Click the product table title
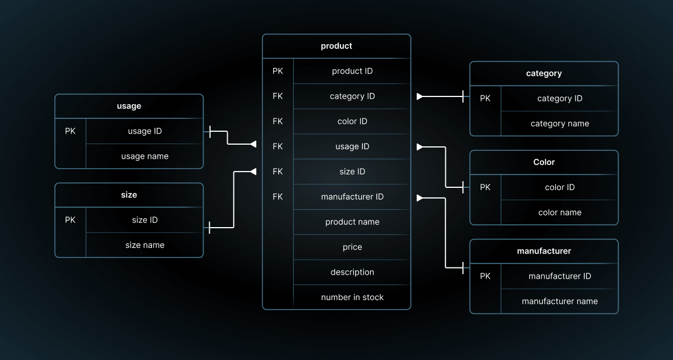click(336, 46)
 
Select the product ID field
click(352, 71)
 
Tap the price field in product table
click(352, 247)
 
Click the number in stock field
click(352, 297)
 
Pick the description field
click(352, 273)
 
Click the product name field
click(352, 222)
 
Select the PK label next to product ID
click(278, 71)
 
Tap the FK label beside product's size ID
click(278, 172)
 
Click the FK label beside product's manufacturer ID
click(278, 197)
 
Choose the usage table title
click(129, 106)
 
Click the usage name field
click(145, 156)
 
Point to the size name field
click(145, 245)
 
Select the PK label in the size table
click(70, 220)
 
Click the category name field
click(560, 124)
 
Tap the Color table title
click(544, 162)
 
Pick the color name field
click(560, 213)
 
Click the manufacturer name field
click(560, 302)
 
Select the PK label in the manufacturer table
click(485, 276)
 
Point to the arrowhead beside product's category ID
click(420, 96)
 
